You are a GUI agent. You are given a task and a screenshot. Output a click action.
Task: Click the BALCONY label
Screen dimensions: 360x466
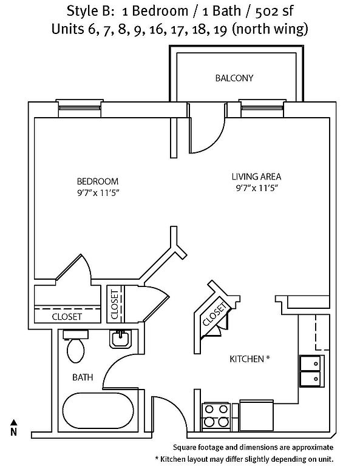(x=234, y=78)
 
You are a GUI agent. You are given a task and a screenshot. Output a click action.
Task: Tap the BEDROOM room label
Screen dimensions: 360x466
(x=98, y=181)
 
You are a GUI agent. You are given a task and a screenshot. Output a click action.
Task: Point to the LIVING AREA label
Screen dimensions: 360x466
(x=256, y=177)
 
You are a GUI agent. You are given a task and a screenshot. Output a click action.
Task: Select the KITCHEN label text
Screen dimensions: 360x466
(x=246, y=359)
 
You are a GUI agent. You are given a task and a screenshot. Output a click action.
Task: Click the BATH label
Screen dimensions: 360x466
(x=83, y=377)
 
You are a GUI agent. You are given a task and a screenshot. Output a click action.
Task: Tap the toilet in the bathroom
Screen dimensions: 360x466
(x=75, y=346)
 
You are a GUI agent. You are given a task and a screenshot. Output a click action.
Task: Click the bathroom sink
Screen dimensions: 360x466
(x=120, y=339)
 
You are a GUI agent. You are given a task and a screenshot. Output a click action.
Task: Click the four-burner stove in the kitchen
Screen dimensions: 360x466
(x=216, y=416)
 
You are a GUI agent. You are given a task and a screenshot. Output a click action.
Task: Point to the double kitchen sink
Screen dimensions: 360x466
(x=311, y=371)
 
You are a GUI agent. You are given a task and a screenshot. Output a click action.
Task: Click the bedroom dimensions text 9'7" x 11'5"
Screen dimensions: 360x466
(x=98, y=193)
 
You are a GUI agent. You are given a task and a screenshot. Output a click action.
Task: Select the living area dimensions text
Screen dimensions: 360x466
(x=257, y=188)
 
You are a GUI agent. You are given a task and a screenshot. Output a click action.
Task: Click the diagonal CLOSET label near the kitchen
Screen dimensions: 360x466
(x=214, y=314)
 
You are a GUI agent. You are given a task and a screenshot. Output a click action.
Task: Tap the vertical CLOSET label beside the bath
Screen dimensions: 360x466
(x=115, y=305)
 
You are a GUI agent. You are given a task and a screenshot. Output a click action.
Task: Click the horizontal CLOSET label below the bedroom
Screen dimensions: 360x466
(x=67, y=317)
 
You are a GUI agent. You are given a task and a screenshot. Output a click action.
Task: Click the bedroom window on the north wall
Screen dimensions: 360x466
(x=80, y=109)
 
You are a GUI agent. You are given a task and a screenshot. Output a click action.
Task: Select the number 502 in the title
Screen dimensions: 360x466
(x=266, y=12)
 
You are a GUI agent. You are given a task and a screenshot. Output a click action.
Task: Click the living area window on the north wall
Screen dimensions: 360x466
(x=262, y=109)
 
